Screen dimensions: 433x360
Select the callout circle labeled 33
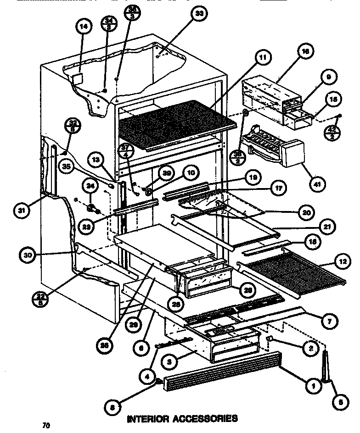pyautogui.click(x=198, y=14)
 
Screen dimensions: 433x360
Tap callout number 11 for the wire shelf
pyautogui.click(x=261, y=57)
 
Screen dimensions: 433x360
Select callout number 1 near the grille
pyautogui.click(x=313, y=387)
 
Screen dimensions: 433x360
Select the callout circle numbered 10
pyautogui.click(x=190, y=173)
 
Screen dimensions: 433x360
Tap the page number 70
pyautogui.click(x=45, y=426)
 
